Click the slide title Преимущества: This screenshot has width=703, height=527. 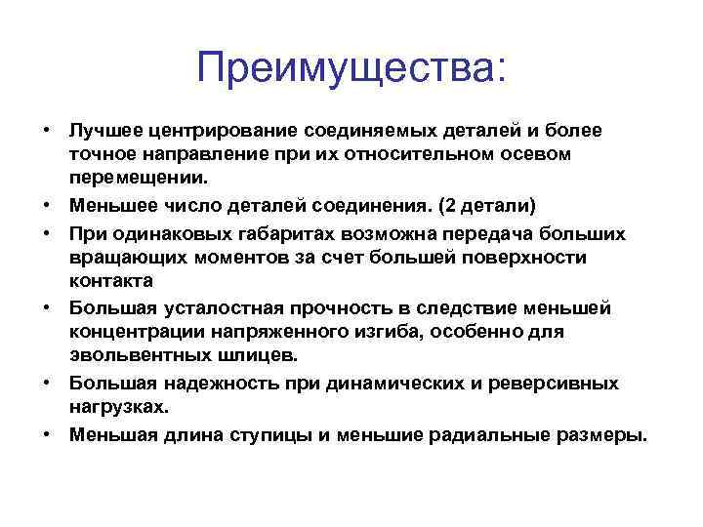351,68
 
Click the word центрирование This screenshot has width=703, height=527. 213,130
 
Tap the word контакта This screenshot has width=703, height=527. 110,282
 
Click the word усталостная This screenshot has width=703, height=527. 208,307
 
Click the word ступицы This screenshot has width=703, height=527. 276,434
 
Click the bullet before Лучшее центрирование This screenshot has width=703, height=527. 46,130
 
